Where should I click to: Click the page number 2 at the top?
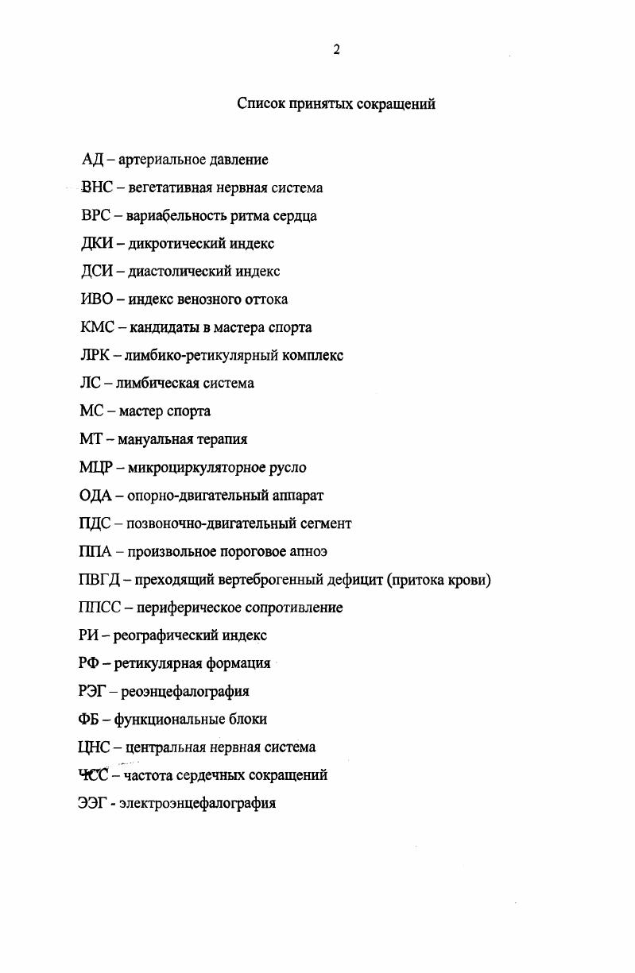[336, 49]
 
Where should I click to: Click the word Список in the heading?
[262, 104]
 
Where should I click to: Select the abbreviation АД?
[92, 160]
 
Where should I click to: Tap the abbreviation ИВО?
[96, 299]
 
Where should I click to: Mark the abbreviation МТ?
[91, 439]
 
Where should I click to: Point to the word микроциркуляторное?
[194, 467]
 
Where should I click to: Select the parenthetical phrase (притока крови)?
[439, 579]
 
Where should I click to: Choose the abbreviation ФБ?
[90, 719]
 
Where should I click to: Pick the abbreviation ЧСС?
[94, 774]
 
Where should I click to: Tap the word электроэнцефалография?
[198, 803]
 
